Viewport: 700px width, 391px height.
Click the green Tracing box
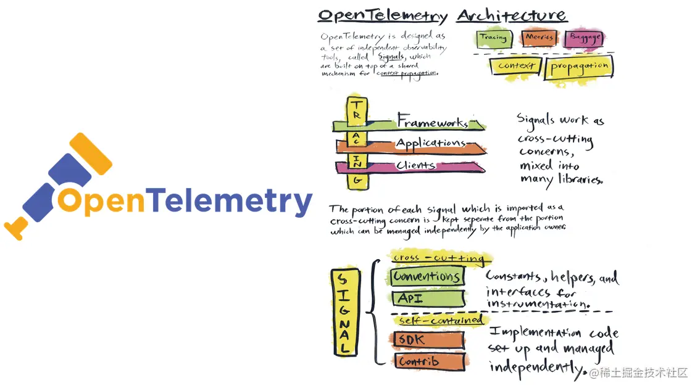pos(493,38)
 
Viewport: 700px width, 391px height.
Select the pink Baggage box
pos(583,38)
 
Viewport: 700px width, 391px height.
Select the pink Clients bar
pos(420,166)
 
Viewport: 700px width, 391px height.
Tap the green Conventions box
pos(426,276)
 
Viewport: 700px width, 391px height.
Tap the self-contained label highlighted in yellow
pos(440,321)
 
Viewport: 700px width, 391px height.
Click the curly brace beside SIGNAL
pos(372,312)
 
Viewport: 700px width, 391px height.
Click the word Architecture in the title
pos(511,15)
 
